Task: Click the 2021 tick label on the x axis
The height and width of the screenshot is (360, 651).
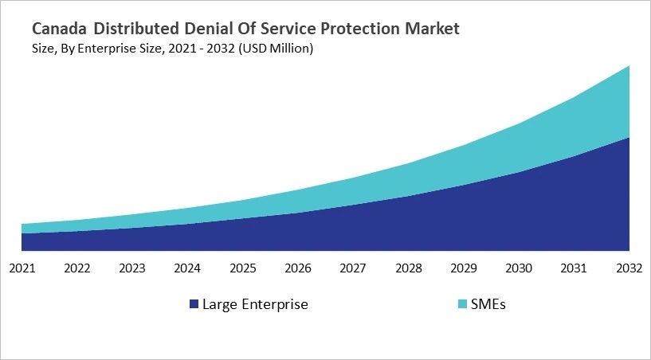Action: [22, 268]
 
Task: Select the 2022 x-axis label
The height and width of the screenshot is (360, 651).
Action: [77, 268]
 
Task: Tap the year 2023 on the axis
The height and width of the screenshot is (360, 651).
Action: [132, 268]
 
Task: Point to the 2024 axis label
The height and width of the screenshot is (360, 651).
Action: [188, 268]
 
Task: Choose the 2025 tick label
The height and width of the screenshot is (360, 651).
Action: [243, 268]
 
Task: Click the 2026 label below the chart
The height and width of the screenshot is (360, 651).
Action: [298, 268]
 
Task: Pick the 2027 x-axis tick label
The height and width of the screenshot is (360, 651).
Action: [354, 268]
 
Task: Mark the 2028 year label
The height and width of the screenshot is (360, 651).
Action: [409, 268]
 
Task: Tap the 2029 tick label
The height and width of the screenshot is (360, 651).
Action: [464, 268]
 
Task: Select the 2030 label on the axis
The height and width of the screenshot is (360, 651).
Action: [520, 268]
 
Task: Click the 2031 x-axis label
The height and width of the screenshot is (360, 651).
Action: [575, 268]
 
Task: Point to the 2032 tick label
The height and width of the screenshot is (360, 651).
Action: [629, 268]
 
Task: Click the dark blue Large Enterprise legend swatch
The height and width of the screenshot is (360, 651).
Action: [194, 304]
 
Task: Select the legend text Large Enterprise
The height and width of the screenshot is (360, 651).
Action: [255, 304]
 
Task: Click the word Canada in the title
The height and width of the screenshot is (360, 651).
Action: [60, 29]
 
